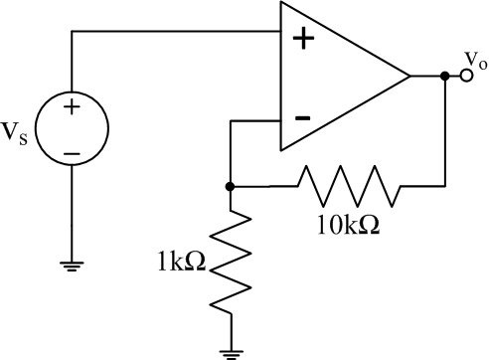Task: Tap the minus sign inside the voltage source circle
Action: tap(73, 153)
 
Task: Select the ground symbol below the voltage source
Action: tap(73, 264)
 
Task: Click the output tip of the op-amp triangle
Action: tap(408, 76)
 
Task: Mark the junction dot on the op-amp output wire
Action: tap(443, 76)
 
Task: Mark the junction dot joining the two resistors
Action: tap(230, 186)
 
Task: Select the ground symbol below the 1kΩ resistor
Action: tap(230, 347)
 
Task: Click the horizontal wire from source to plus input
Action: tap(179, 32)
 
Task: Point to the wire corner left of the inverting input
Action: tap(230, 120)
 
